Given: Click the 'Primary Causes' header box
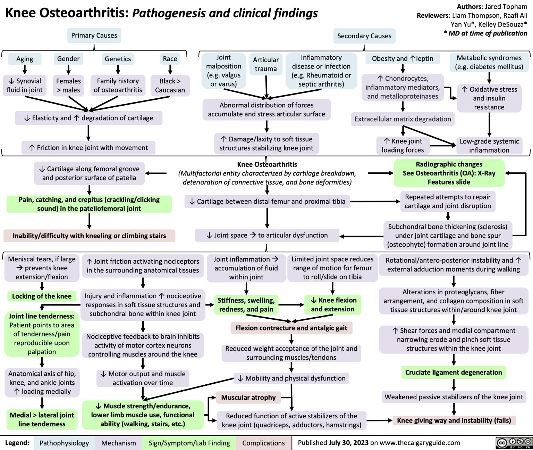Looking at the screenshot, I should [x=94, y=35].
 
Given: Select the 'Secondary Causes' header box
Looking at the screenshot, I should [x=364, y=36].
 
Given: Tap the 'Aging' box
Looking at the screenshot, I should [x=25, y=59].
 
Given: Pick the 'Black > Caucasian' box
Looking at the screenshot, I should [x=170, y=85].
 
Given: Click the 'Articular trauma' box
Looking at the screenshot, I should [x=266, y=64].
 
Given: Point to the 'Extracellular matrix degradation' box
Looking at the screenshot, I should [x=403, y=119].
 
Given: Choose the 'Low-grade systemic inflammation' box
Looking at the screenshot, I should [x=489, y=146].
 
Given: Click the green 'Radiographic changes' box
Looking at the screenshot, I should [x=449, y=173].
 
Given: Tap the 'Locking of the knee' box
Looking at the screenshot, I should [x=42, y=296].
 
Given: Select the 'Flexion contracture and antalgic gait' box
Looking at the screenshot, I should [x=291, y=328].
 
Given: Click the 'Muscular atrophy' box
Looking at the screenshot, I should [x=248, y=398].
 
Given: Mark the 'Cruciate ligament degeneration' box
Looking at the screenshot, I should [x=454, y=373].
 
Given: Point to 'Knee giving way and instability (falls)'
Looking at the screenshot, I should [x=454, y=420].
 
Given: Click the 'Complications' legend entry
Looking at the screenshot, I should [x=263, y=443].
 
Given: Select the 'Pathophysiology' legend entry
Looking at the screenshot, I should [x=64, y=443].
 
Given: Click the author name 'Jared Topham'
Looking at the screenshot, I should [x=506, y=7].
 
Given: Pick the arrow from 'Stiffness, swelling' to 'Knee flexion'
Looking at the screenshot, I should [x=291, y=305].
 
